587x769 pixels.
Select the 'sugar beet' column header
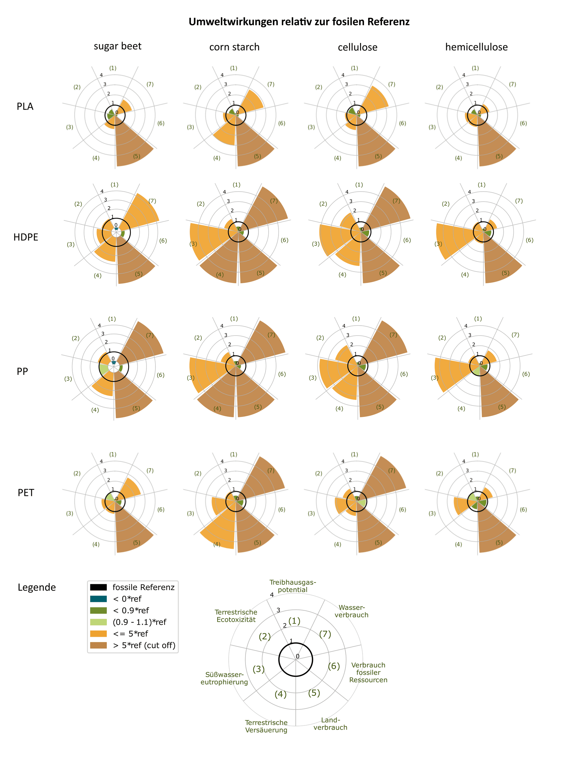point(117,46)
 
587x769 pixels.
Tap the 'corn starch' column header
point(234,47)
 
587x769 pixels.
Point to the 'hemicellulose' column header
point(476,47)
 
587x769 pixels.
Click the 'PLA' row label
point(25,106)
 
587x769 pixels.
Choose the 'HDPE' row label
point(26,237)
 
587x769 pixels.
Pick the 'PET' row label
point(26,493)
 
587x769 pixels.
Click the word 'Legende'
point(37,587)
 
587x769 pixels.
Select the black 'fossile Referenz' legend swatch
point(98,587)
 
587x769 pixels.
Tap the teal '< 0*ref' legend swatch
point(98,599)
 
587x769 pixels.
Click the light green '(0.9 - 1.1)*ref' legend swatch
point(98,622)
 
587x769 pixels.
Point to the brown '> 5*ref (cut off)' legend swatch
point(98,645)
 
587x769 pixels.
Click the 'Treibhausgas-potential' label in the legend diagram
point(293,586)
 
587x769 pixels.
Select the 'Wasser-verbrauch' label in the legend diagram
point(351,611)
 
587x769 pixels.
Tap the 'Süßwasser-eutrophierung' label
point(224,678)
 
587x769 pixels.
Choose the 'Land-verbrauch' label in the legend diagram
point(330,724)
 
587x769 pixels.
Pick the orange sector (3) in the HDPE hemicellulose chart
point(454,239)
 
